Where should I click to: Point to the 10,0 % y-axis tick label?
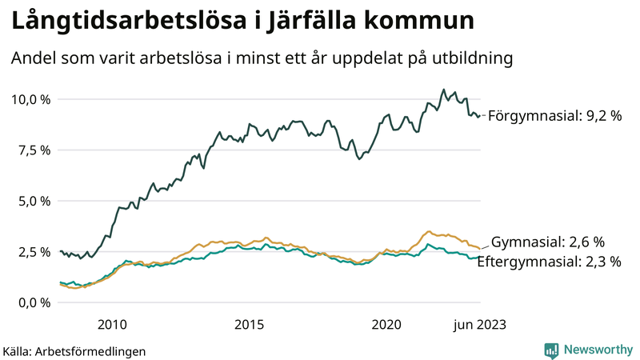[x=30, y=99]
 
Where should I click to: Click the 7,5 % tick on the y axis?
[x=34, y=150]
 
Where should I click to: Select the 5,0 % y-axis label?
[x=34, y=201]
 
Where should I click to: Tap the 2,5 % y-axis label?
[x=34, y=251]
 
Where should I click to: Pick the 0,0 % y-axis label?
[x=34, y=302]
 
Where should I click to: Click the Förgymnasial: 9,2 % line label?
[x=554, y=116]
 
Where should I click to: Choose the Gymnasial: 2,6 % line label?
[x=547, y=242]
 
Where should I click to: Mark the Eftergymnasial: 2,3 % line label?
[x=549, y=261]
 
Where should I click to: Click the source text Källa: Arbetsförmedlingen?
[x=74, y=350]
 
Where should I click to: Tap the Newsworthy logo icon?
[x=551, y=350]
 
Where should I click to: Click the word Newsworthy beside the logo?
[x=598, y=350]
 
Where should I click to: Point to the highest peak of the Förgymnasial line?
[x=443, y=90]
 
